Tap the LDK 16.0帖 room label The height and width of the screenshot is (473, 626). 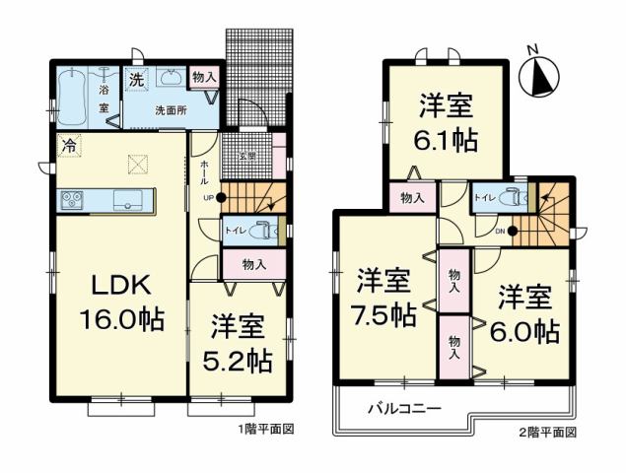tap(120, 303)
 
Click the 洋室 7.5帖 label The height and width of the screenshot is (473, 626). tap(384, 297)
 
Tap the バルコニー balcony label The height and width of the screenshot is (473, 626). tap(403, 407)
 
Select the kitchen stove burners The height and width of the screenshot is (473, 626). tap(72, 199)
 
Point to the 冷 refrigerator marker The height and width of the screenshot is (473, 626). tap(68, 146)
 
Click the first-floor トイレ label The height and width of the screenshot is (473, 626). tap(236, 231)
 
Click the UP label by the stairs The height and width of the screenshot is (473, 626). tap(207, 197)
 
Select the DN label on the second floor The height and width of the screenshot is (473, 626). tap(499, 232)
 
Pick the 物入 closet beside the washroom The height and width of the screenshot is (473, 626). tap(204, 77)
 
